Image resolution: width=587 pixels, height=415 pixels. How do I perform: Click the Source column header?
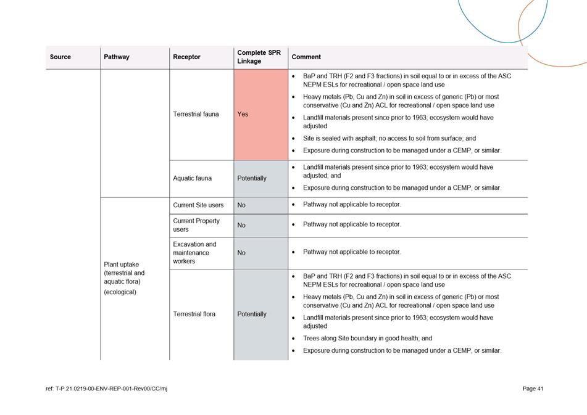coord(60,57)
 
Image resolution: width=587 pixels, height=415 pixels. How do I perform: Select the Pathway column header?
coord(117,57)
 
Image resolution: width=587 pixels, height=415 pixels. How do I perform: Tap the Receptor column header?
coord(186,57)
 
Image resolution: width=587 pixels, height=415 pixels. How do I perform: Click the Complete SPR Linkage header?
coord(259,57)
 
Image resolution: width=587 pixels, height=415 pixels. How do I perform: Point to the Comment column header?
coord(306,57)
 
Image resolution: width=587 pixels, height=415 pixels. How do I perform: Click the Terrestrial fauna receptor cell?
coord(196,114)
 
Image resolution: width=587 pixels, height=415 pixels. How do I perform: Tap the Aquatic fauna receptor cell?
coord(192,178)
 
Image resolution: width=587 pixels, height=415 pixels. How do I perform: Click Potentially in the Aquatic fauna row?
coord(252,178)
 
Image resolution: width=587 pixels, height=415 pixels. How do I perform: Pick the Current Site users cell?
coord(198,205)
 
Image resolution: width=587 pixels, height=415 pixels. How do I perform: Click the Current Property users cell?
coord(196,225)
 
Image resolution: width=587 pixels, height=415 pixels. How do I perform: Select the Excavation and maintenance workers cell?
coord(194,253)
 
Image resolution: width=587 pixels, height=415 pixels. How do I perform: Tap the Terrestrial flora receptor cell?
coord(194,314)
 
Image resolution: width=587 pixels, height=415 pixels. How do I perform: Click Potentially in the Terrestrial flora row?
coord(252,314)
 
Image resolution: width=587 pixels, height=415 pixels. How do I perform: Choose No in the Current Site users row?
coord(241,205)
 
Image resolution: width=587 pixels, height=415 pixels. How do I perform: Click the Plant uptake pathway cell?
coord(125,278)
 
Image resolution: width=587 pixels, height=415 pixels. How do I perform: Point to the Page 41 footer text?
coord(532,388)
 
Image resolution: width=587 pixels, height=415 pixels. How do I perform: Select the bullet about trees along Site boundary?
coord(367,339)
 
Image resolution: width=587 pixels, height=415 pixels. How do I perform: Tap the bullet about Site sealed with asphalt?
coord(389,139)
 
